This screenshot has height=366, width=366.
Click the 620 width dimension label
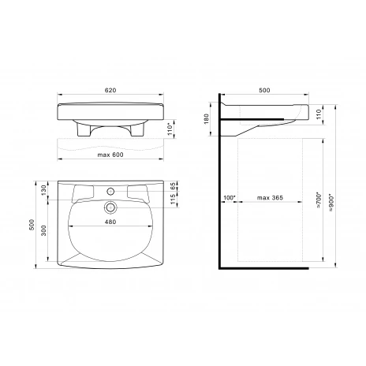(x=110, y=90)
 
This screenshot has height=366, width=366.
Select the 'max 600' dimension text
(x=110, y=155)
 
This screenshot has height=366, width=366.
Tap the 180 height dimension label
(x=206, y=119)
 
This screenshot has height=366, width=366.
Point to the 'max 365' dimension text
(x=270, y=198)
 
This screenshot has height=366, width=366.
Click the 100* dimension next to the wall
(x=230, y=198)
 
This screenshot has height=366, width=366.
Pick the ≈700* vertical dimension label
(x=319, y=200)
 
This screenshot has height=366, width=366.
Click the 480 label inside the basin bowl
(x=110, y=222)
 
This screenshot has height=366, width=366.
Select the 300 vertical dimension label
(x=44, y=230)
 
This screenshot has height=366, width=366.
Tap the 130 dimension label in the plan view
(x=44, y=190)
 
